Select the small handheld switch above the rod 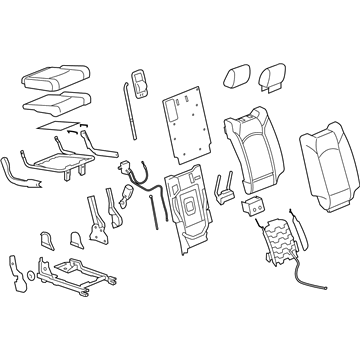138,82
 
